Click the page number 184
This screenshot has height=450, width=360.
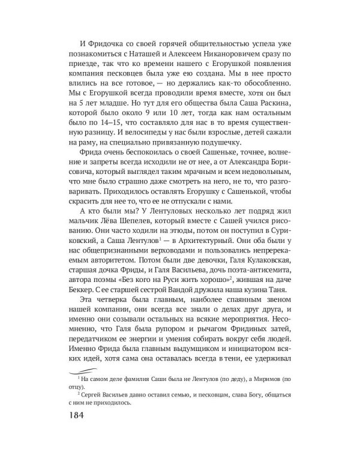pyautogui.click(x=76, y=417)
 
